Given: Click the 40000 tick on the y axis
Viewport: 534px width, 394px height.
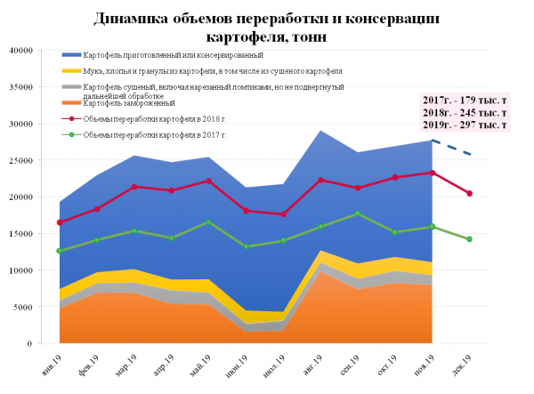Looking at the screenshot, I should pyautogui.click(x=19, y=50).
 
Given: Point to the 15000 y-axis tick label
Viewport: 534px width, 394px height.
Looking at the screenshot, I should pyautogui.click(x=19, y=233).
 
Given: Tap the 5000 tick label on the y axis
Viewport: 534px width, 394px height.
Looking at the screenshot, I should pyautogui.click(x=21, y=307).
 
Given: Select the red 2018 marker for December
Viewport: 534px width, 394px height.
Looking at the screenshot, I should pyautogui.click(x=470, y=193).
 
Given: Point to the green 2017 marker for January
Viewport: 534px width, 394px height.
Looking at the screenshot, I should pyautogui.click(x=60, y=251).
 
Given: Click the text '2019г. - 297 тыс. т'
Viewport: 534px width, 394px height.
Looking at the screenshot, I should pyautogui.click(x=466, y=125).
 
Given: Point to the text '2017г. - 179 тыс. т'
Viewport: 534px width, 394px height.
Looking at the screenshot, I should pyautogui.click(x=466, y=100).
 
